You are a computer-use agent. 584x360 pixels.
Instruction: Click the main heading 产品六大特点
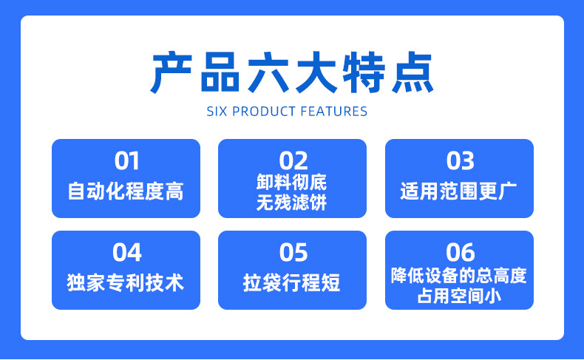pyautogui.click(x=292, y=72)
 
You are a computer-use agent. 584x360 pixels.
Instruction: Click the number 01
pyautogui.click(x=126, y=160)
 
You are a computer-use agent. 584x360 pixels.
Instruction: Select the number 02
pyautogui.click(x=293, y=160)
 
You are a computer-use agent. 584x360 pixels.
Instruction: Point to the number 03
pyautogui.click(x=460, y=160)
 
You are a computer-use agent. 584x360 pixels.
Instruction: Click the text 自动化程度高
pyautogui.click(x=126, y=191)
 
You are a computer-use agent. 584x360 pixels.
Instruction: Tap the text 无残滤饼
pyautogui.click(x=292, y=202)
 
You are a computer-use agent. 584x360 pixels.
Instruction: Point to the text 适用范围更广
pyautogui.click(x=459, y=191)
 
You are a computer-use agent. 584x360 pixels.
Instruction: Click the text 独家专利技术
pyautogui.click(x=126, y=282)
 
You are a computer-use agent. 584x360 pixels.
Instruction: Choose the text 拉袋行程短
pyautogui.click(x=292, y=282)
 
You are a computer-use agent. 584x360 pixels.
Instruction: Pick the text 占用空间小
pyautogui.click(x=459, y=296)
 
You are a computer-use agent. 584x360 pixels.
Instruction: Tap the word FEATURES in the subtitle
pyautogui.click(x=333, y=112)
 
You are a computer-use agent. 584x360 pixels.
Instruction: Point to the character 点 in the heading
pyautogui.click(x=411, y=72)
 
